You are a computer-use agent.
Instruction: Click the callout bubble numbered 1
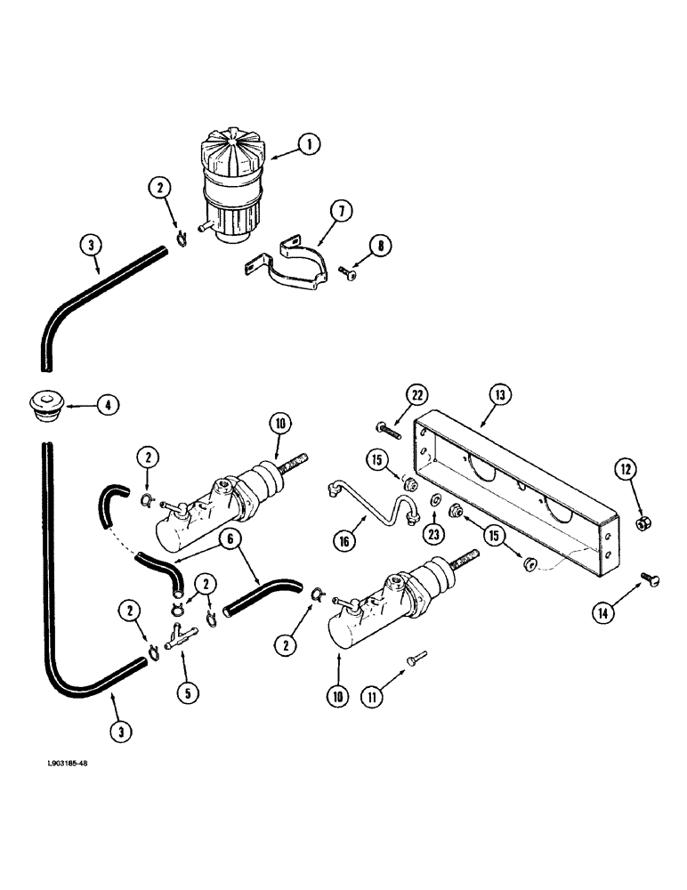pyautogui.click(x=308, y=145)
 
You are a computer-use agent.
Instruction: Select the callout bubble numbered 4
pyautogui.click(x=106, y=406)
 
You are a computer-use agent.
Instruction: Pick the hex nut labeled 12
pyautogui.click(x=643, y=523)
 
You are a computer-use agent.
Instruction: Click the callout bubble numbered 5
pyautogui.click(x=184, y=687)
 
